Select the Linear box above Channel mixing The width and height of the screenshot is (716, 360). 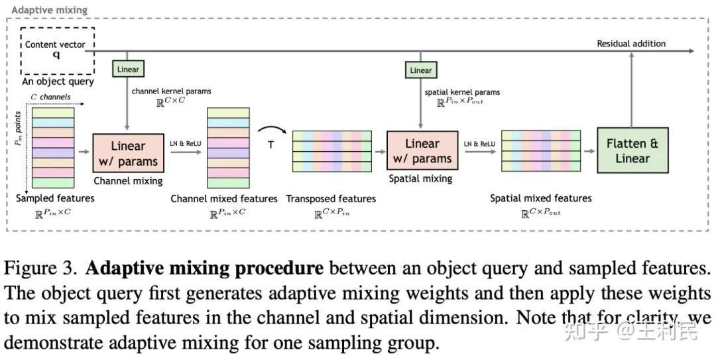point(128,69)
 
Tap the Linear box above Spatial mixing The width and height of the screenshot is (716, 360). point(421,70)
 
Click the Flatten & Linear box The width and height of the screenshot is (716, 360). point(632,151)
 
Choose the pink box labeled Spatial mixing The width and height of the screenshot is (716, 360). point(422,151)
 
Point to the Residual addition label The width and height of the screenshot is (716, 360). point(631,44)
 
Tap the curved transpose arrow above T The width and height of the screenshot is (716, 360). point(270,130)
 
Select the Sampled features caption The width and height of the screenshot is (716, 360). point(54,198)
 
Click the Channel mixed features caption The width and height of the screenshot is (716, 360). point(224,199)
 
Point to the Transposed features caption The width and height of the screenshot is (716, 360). point(331,199)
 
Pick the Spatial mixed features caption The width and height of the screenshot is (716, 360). point(541,198)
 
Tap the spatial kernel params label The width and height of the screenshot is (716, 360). point(463,91)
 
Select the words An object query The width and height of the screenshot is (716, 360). point(58,82)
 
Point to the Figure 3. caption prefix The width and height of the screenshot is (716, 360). point(42,269)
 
